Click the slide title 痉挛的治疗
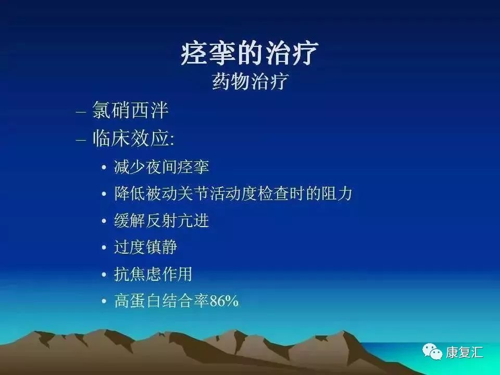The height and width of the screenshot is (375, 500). (249, 54)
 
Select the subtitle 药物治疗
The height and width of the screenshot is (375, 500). (249, 82)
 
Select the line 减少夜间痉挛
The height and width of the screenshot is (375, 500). (161, 167)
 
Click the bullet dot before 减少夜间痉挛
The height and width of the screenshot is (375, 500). (104, 168)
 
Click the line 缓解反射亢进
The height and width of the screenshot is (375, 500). (161, 221)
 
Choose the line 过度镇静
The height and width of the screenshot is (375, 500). (146, 247)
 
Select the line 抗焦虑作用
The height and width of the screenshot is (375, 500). (154, 274)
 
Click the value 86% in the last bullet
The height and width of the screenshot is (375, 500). (224, 302)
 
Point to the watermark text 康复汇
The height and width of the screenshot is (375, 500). (464, 353)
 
